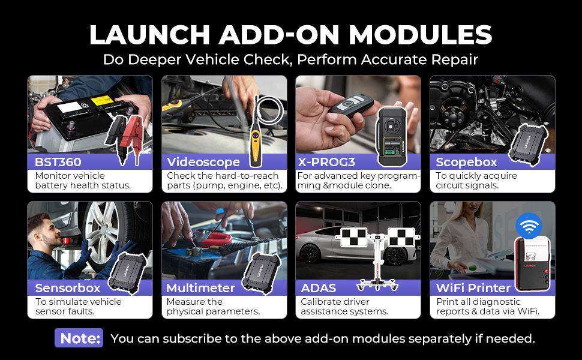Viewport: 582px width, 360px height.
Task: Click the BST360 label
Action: [x=58, y=162]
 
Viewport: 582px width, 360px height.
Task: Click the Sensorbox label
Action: [x=68, y=288]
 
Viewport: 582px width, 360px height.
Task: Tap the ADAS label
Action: [x=319, y=288]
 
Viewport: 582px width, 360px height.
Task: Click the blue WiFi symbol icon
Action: [x=529, y=226]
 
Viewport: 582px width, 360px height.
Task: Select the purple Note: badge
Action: [x=79, y=338]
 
